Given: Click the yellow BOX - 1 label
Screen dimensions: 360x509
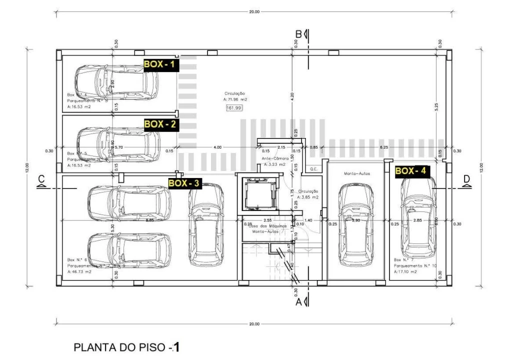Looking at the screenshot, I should tap(160, 64).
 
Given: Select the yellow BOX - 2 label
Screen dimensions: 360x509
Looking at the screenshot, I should tap(160, 124).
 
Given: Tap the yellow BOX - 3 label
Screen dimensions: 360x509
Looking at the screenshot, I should tap(184, 183).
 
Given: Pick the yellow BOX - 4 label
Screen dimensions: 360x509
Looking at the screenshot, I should tap(411, 171).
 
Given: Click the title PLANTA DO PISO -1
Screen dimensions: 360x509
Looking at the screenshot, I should tap(126, 346).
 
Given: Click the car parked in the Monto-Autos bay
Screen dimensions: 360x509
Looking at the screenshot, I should tap(356, 224).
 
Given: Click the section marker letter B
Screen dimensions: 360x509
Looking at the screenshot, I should tap(298, 34).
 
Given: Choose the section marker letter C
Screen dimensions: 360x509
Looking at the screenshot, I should tap(41, 179).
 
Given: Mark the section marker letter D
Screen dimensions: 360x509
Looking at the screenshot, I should tap(466, 179).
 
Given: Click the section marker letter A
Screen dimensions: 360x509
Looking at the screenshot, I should tap(298, 302).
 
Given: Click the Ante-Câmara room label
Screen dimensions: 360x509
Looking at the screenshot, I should tap(274, 158).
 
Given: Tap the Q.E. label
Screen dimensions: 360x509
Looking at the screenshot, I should tap(314, 169).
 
